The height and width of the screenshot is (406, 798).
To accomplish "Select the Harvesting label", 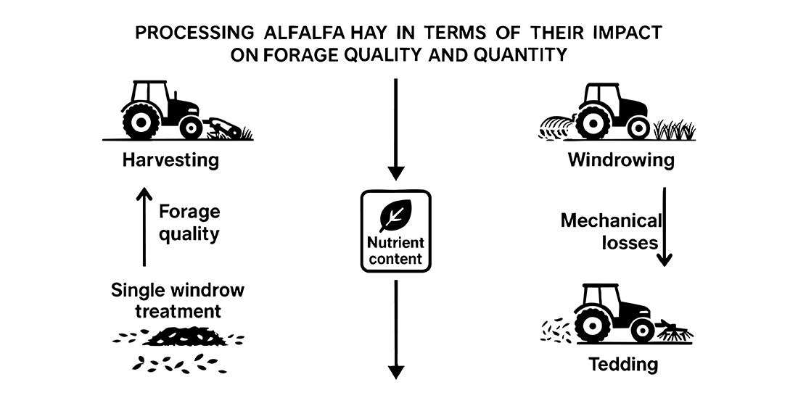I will (x=171, y=159).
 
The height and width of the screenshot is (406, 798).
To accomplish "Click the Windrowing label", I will (x=621, y=159).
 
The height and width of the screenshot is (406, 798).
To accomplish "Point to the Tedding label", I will (x=623, y=363).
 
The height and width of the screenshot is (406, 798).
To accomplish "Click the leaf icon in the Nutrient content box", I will (x=395, y=215).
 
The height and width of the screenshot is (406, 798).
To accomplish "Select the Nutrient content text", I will (x=395, y=251).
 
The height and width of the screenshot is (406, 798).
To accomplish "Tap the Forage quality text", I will (x=189, y=223).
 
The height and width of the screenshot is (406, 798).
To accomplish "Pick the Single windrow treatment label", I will (x=178, y=301).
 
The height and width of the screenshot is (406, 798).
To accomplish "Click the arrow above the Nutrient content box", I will (x=395, y=130).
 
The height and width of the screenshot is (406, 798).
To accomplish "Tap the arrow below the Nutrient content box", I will (x=395, y=330).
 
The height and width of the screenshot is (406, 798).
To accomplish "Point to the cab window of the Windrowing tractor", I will (x=604, y=96).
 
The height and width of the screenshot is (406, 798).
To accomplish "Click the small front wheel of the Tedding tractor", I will (x=642, y=330).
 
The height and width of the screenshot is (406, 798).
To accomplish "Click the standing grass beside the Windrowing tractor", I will (x=674, y=130).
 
